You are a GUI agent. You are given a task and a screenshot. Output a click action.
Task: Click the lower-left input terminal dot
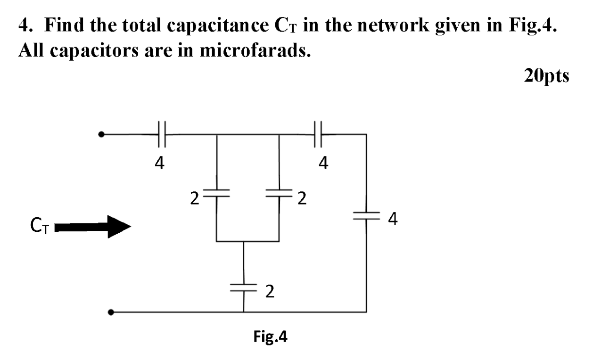point(110,312)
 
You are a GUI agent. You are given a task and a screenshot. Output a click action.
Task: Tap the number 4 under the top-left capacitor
point(160,163)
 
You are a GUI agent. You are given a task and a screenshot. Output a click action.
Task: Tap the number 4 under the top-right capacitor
point(323,163)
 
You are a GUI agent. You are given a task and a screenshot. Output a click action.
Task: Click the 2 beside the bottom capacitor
point(269,293)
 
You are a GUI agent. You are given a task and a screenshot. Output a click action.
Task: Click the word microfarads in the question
point(249,50)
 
